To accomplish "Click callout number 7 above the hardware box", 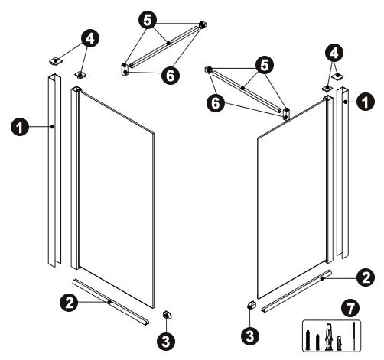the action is click(x=351, y=308).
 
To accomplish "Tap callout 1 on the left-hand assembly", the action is click(x=20, y=127).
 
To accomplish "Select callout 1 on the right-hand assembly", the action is click(x=366, y=102).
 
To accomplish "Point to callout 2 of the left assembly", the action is click(x=69, y=303).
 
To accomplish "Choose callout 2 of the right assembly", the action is click(x=366, y=278).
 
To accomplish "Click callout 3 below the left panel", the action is click(x=166, y=341).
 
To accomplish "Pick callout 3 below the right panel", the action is click(x=250, y=336).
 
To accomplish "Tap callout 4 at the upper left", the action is click(x=90, y=38).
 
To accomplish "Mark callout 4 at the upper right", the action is click(x=334, y=54).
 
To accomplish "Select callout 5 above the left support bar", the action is click(x=148, y=20).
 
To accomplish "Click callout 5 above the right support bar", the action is click(x=265, y=65).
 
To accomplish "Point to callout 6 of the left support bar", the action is click(x=171, y=75).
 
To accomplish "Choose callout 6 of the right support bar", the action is click(x=216, y=103).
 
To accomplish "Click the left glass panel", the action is click(x=116, y=199).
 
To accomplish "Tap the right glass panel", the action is click(x=292, y=199).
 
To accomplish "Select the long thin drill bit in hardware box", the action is click(x=354, y=336).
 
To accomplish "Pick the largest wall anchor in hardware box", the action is click(x=328, y=337).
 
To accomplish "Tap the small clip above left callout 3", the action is click(x=167, y=315).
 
